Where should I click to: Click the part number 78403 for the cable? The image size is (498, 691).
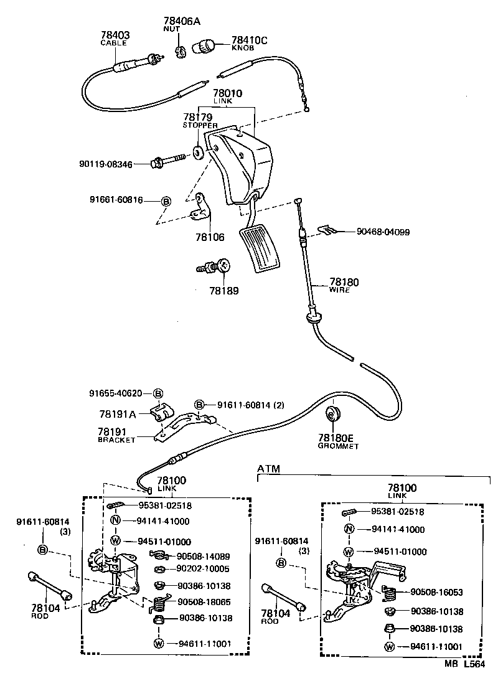pyautogui.click(x=115, y=35)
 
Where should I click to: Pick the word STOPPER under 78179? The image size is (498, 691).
pyautogui.click(x=200, y=125)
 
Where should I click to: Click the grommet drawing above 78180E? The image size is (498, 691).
pyautogui.click(x=336, y=413)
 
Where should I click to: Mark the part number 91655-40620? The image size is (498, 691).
pyautogui.click(x=115, y=393)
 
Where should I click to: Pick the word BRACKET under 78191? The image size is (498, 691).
pyautogui.click(x=116, y=440)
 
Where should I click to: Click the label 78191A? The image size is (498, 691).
pyautogui.click(x=118, y=413)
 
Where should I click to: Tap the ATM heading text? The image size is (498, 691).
pyautogui.click(x=268, y=468)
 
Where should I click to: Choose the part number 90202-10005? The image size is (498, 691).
pyautogui.click(x=203, y=568)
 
